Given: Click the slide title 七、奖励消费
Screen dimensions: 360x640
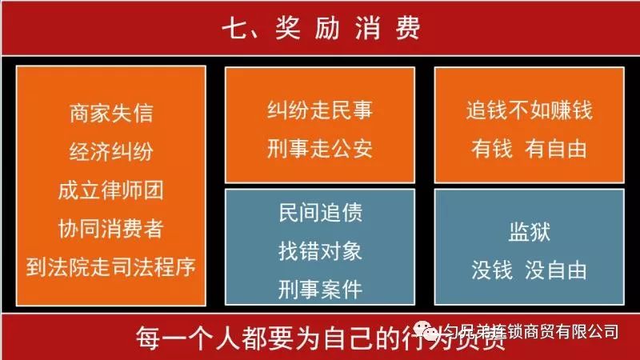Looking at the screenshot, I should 320,29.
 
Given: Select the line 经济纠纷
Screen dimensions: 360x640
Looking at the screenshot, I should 111,151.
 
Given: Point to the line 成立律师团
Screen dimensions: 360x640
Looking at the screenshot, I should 111,190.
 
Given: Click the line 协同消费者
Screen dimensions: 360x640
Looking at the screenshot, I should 111,229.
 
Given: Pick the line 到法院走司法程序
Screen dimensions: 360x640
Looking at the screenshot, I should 111,267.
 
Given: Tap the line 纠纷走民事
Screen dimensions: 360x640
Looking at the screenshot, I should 320,110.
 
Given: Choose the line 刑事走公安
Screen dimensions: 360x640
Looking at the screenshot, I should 320,148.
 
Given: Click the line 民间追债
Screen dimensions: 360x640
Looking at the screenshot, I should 320,213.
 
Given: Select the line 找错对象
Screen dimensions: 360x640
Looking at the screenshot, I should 320,250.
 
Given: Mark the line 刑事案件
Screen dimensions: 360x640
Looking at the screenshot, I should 320,288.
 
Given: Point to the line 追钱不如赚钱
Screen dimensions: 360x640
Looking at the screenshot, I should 530,110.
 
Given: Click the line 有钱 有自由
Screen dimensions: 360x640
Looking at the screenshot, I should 530,148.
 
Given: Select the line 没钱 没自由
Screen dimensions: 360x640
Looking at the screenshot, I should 530,270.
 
